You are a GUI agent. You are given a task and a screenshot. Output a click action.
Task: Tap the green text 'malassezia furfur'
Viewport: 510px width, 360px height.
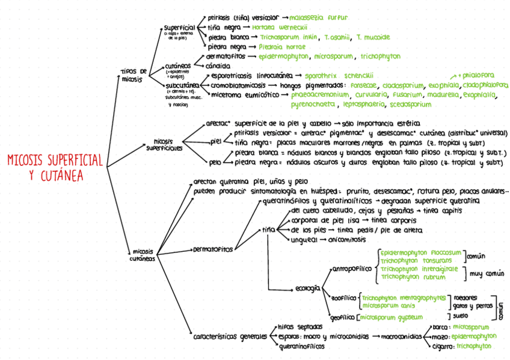(319, 17)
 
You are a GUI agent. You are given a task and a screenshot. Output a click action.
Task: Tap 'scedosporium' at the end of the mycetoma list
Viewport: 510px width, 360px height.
(410, 105)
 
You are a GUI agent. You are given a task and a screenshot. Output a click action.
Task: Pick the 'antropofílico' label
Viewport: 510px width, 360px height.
(352, 269)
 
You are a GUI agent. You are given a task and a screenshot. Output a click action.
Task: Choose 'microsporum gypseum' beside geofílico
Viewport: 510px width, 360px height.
(393, 316)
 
